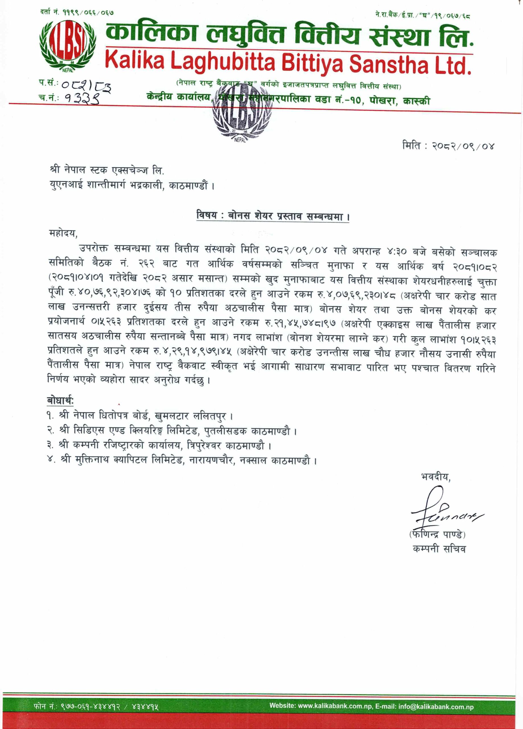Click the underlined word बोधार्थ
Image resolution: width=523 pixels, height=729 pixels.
click(x=60, y=400)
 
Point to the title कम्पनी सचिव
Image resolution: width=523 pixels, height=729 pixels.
click(x=439, y=549)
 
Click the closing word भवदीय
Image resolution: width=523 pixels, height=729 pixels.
click(x=436, y=477)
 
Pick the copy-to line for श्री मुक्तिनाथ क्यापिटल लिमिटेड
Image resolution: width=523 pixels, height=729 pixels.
click(x=182, y=460)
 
